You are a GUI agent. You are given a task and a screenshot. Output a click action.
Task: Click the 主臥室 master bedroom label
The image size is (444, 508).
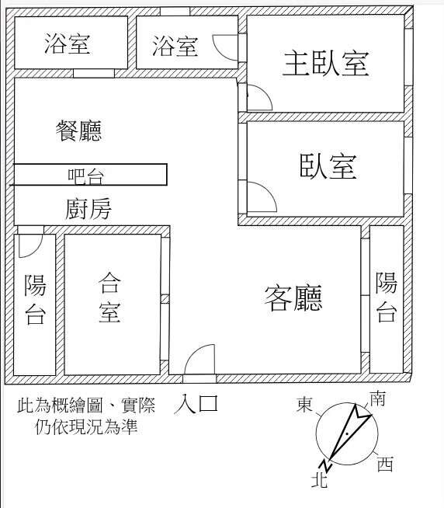326,63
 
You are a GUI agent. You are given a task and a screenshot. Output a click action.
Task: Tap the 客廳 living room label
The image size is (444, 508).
293,297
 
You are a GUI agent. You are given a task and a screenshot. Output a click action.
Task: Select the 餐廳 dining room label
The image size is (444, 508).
78,130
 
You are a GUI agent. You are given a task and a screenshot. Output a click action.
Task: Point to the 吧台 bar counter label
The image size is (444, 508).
86,176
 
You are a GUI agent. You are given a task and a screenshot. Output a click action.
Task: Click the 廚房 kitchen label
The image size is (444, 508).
88,209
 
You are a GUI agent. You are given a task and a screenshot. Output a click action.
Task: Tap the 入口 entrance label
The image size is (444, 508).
196,404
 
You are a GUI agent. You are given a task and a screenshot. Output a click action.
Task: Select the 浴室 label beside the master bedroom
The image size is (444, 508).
175,46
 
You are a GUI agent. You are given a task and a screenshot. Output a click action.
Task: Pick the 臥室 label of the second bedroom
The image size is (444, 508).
328,166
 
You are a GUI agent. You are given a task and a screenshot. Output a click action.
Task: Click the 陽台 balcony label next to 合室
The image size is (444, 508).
35,299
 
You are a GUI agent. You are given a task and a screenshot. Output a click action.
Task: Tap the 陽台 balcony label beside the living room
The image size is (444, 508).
387,297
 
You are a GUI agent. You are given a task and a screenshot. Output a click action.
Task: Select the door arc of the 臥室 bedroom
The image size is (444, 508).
269,191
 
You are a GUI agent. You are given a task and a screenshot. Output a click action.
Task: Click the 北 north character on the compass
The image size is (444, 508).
319,480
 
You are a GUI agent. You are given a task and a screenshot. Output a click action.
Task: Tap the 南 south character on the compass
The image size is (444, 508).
377,398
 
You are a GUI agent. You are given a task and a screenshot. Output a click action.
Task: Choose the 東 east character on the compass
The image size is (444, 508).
304,405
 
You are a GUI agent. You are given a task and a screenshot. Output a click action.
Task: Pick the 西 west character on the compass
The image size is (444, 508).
385,464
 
